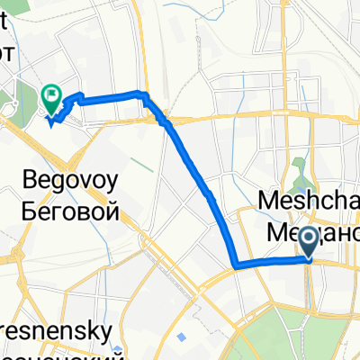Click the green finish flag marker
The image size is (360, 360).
51,94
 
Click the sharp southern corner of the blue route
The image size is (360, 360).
235,266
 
